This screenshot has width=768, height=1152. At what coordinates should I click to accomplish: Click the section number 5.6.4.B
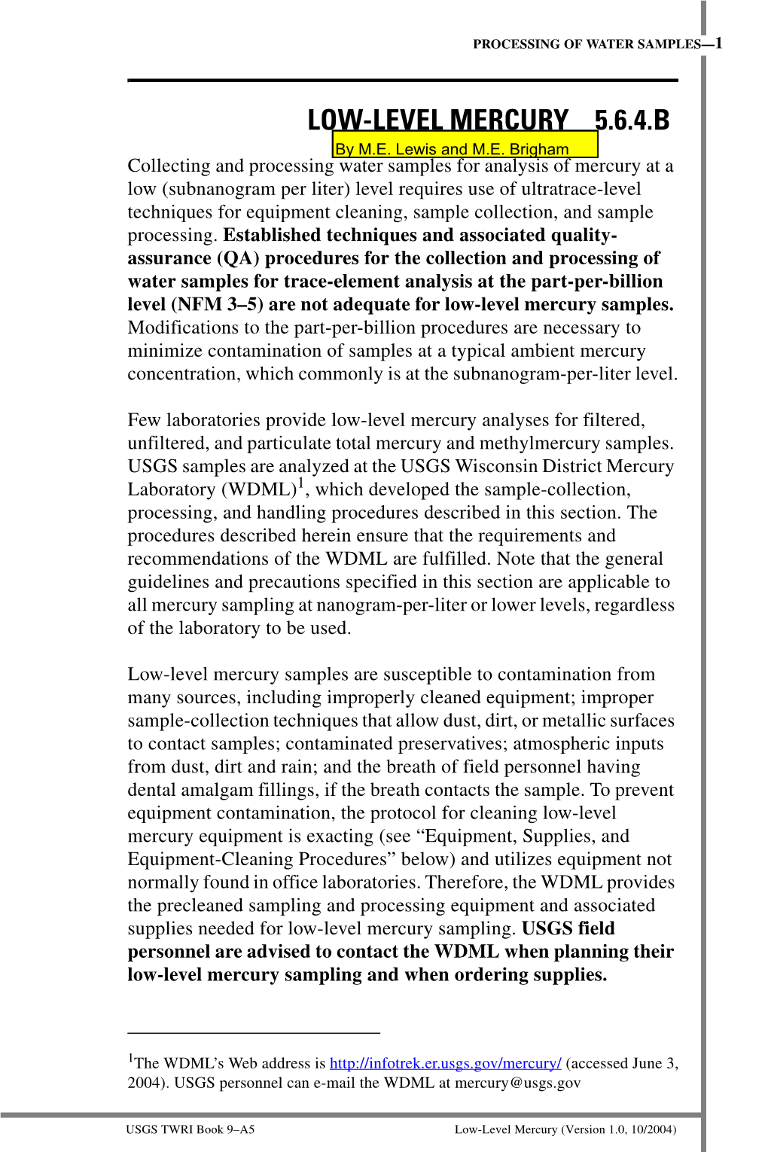tap(632, 120)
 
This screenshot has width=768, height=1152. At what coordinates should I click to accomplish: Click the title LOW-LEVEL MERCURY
tap(437, 120)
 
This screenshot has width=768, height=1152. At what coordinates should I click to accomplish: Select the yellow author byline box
tap(465, 145)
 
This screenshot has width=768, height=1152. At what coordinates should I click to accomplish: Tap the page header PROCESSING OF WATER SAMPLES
tap(587, 44)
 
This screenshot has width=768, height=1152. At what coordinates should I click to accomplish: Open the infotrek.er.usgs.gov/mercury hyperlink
tap(445, 1063)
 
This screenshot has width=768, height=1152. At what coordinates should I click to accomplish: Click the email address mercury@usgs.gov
tap(517, 1083)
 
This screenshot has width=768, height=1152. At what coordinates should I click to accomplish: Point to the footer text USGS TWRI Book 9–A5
tap(190, 1129)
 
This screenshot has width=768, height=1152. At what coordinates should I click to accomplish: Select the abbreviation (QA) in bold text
tap(238, 258)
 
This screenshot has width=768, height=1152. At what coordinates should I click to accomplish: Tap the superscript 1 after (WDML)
tap(301, 483)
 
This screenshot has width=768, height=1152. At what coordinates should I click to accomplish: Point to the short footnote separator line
tap(254, 1032)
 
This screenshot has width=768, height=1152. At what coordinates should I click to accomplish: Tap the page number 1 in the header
tap(718, 43)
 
